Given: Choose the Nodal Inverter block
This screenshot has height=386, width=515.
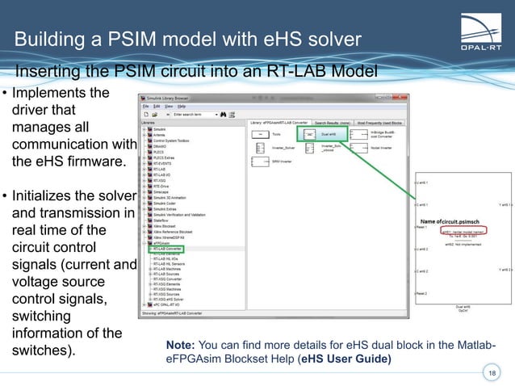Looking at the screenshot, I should [371, 149].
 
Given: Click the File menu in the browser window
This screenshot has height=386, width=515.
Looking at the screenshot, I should [146, 106].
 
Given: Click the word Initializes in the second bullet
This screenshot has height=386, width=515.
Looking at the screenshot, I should [47, 197].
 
